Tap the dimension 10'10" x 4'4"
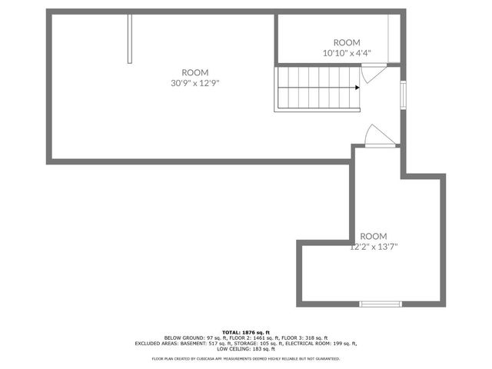click(x=346, y=53)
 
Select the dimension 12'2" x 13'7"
click(x=374, y=247)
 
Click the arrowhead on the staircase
click(x=357, y=88)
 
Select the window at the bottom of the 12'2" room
click(x=381, y=304)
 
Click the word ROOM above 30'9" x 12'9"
click(x=194, y=72)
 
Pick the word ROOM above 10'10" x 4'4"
click(x=346, y=42)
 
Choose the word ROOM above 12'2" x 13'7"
click(x=374, y=236)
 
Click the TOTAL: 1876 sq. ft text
click(x=246, y=331)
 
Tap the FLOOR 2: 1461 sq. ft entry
click(x=245, y=337)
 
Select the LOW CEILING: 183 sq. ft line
click(x=246, y=349)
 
